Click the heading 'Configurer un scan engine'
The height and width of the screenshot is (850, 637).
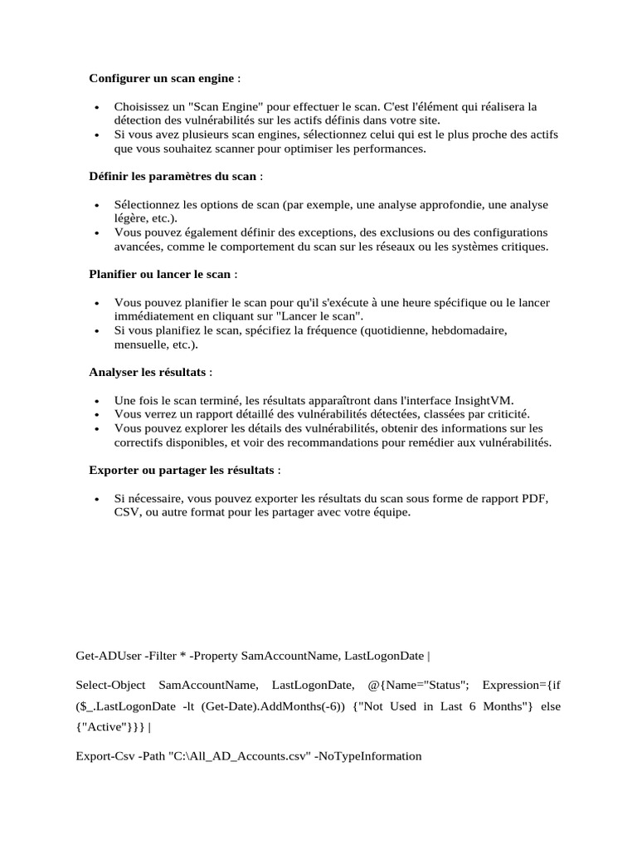click(163, 79)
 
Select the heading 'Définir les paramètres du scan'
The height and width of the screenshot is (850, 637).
click(173, 176)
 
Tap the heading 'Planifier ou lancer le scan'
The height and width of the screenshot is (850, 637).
click(160, 274)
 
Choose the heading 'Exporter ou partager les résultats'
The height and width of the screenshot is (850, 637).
click(182, 470)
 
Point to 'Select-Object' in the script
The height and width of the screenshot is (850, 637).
click(110, 685)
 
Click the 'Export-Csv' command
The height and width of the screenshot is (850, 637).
click(105, 756)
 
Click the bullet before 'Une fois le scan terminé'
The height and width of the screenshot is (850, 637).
click(98, 400)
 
